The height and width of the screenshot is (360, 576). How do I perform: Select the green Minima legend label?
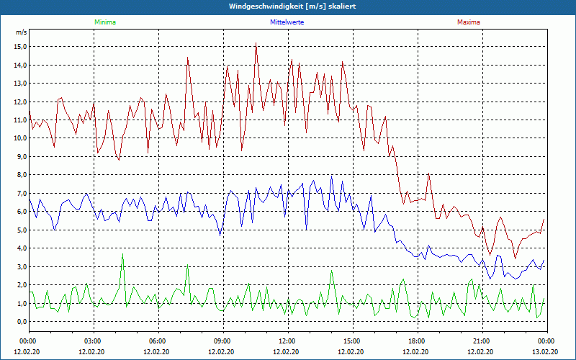104,22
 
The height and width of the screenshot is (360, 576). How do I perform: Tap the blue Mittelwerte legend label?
287,22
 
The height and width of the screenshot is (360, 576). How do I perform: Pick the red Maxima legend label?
469,22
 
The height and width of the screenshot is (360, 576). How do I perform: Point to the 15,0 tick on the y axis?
19,47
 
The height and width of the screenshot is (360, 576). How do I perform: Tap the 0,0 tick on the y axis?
19,322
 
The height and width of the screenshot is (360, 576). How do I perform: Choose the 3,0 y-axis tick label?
19,266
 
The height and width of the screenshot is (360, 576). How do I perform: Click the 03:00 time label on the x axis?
93,341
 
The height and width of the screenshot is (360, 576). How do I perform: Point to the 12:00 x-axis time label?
287,341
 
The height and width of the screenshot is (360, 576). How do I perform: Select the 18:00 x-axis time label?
417,341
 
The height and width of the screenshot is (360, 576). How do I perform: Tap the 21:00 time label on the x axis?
482,341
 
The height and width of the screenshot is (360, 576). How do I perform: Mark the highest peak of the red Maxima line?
256,44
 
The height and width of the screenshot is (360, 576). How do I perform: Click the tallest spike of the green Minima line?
123,254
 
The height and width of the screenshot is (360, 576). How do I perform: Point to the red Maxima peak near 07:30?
188,58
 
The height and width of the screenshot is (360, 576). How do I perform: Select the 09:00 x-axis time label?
222,341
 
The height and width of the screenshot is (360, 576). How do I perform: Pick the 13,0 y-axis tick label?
19,84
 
